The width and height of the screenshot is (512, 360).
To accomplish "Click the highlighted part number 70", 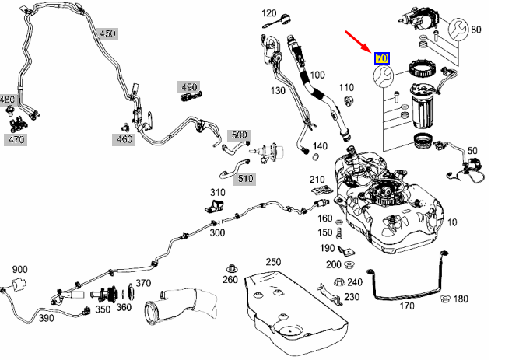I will pos(382,58).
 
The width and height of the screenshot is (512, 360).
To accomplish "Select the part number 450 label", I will pos(107,33).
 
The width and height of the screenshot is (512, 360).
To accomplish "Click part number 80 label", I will pos(475,30).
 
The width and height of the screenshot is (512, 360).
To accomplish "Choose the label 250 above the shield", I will pos(273,262).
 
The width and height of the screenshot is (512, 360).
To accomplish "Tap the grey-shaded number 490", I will pos(188,86).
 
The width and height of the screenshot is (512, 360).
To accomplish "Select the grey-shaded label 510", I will pos(246,178).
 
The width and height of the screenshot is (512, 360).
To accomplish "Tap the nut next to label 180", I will pos(445,299).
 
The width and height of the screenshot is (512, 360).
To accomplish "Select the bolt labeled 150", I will pos(341,232).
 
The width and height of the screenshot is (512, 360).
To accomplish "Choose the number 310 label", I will pos(217,192).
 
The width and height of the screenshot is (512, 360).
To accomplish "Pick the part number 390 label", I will pos(46,319).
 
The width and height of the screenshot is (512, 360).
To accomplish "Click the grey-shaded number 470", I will pos(15,140).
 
